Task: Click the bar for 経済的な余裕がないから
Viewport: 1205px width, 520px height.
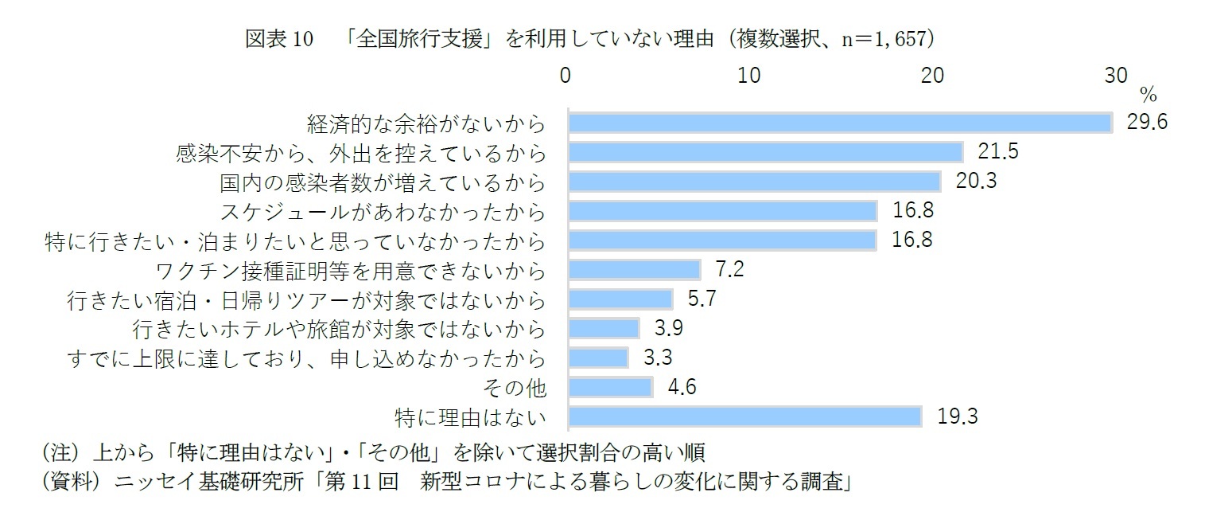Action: tap(839, 123)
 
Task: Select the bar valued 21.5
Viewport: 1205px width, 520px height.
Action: tap(765, 152)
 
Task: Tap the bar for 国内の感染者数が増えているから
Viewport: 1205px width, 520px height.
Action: tap(754, 182)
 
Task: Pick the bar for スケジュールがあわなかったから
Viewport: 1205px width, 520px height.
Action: tap(722, 211)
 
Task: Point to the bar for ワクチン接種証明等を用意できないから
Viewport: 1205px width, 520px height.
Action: tap(634, 269)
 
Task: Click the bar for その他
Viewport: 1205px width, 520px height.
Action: tap(610, 387)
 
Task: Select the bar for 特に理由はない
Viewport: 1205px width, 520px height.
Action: tap(744, 416)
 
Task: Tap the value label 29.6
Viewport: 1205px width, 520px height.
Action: tap(1147, 123)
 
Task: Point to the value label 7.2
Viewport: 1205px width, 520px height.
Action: tap(729, 269)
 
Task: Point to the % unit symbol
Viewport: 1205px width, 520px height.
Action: tap(1148, 96)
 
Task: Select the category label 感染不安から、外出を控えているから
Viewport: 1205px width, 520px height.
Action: tap(361, 152)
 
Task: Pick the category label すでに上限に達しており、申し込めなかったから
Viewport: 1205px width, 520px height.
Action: tap(308, 358)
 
